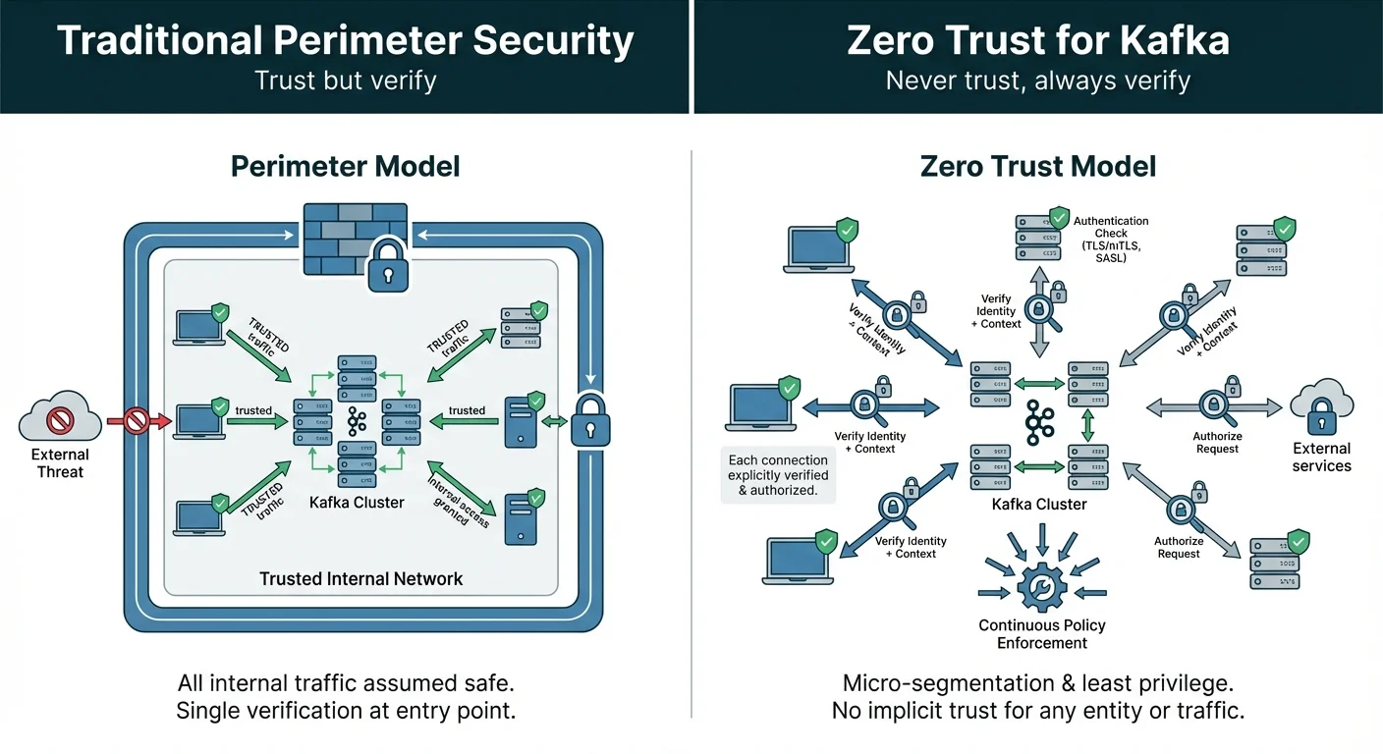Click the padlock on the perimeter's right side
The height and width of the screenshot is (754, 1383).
[590, 419]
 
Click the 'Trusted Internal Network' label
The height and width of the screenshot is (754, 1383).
[360, 578]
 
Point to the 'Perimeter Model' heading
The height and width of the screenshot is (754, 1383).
[346, 166]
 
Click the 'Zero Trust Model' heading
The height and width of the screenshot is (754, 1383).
[1037, 166]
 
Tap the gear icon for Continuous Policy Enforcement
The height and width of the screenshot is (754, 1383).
[1042, 587]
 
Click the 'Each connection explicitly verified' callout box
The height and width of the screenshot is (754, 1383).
[778, 475]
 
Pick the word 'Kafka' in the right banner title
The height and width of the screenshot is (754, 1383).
[1170, 41]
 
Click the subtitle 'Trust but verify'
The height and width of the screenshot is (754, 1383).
[346, 81]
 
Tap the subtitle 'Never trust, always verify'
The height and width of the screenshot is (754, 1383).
[1037, 81]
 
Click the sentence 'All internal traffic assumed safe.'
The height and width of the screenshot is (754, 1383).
[346, 682]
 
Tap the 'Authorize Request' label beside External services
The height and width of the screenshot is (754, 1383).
[1217, 443]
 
